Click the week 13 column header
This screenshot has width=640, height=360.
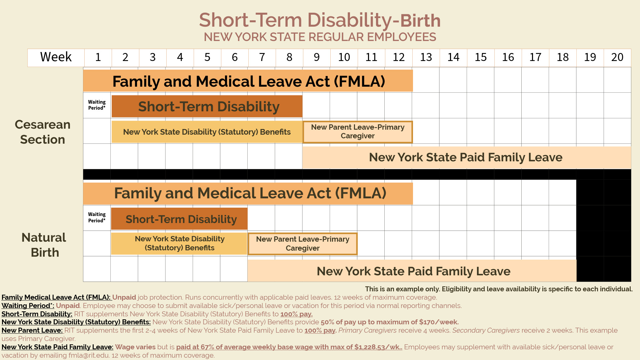click(x=426, y=57)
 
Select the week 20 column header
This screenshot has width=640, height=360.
click(x=617, y=57)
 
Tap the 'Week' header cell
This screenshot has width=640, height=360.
click(x=56, y=57)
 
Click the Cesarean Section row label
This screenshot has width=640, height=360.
click(x=43, y=132)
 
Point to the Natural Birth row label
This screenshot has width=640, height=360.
click(x=44, y=245)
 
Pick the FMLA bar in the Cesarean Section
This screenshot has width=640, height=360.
click(x=248, y=81)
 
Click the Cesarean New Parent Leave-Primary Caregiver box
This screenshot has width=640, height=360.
click(x=358, y=132)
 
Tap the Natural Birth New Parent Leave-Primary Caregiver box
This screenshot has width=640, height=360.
click(x=302, y=244)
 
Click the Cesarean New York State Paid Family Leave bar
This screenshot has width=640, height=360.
click(x=466, y=157)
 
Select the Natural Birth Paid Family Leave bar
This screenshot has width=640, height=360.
click(x=413, y=271)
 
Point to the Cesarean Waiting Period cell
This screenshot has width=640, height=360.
click(x=97, y=105)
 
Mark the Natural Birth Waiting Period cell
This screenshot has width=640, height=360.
click(x=97, y=217)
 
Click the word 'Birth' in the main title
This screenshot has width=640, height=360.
click(x=420, y=21)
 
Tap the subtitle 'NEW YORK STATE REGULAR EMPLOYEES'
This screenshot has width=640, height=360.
click(x=320, y=37)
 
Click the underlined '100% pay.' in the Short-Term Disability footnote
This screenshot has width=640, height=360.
click(x=296, y=314)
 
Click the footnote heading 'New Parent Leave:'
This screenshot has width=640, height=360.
click(x=32, y=330)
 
